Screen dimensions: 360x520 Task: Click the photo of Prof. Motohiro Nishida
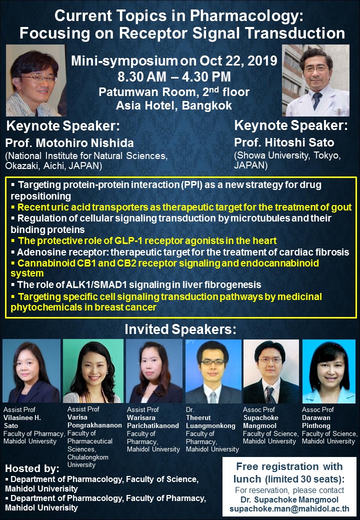coord(36,80)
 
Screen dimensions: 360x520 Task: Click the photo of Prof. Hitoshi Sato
coord(315,80)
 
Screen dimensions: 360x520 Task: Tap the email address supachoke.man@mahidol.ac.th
coord(289,508)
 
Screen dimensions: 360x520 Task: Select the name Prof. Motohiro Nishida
coord(69,143)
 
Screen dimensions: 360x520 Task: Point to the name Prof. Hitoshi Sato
coord(284,142)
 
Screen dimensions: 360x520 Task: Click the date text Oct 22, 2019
coord(238,60)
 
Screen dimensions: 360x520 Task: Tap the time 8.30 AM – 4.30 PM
coord(174,76)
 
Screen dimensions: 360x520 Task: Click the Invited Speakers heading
coord(180,329)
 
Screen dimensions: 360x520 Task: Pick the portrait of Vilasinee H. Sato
coord(31,371)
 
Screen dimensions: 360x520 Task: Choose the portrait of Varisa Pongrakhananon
coord(93,371)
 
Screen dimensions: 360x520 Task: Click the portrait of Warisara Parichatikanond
coord(154,371)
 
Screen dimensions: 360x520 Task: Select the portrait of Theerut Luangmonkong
coord(213,371)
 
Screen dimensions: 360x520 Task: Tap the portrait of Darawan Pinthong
coord(329,371)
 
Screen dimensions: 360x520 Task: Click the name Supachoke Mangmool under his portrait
coord(260,421)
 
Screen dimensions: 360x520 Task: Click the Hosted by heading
coord(32,468)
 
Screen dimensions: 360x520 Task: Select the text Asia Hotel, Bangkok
coord(174,105)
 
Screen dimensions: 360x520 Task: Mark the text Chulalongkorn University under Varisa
coord(88,460)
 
